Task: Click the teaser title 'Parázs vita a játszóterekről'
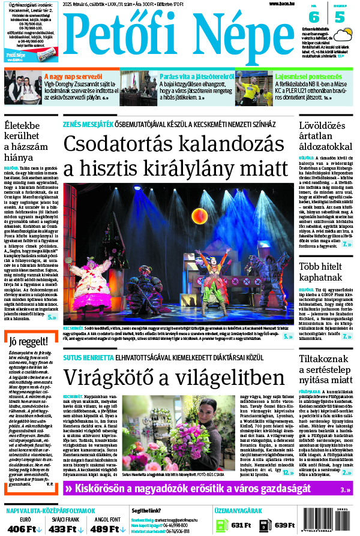click(x=196, y=76)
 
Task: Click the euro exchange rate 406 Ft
click(x=21, y=528)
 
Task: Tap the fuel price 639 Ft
click(x=281, y=526)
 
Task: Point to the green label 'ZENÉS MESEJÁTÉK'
click(x=88, y=125)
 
